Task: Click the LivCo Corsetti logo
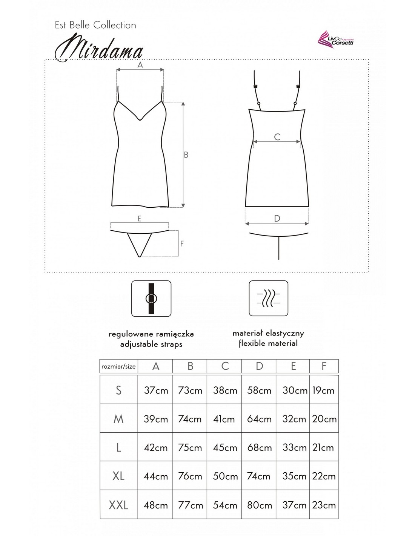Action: pos(336,41)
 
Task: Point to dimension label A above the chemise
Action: pos(140,65)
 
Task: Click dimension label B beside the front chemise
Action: pos(186,155)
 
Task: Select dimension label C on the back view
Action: pos(277,137)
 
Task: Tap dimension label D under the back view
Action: pos(277,218)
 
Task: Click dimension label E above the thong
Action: pos(139,219)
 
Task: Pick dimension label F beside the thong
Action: pos(182,243)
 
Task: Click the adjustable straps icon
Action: pos(151,298)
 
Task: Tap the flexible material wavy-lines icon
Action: pos(268,298)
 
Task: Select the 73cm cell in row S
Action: pos(190,390)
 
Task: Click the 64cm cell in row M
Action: pos(259,419)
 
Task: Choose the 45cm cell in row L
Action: pos(225,447)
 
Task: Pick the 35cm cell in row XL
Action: pos(294,476)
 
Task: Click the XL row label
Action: pos(118,476)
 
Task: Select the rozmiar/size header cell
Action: pos(118,366)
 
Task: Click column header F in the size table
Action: pos(324,366)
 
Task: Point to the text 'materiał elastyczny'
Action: pos(268,333)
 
